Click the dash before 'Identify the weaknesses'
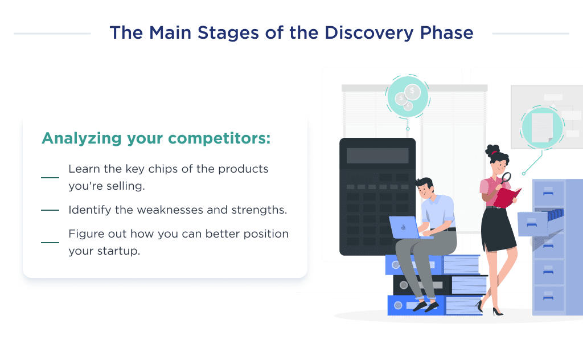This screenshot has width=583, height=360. click(50, 210)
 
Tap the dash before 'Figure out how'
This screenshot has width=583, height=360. click(50, 243)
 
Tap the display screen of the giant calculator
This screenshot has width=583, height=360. click(377, 156)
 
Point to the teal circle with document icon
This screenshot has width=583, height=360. click(541, 128)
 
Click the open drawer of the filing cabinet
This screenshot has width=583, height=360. click(535, 223)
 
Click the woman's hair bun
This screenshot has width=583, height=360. click(491, 149)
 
